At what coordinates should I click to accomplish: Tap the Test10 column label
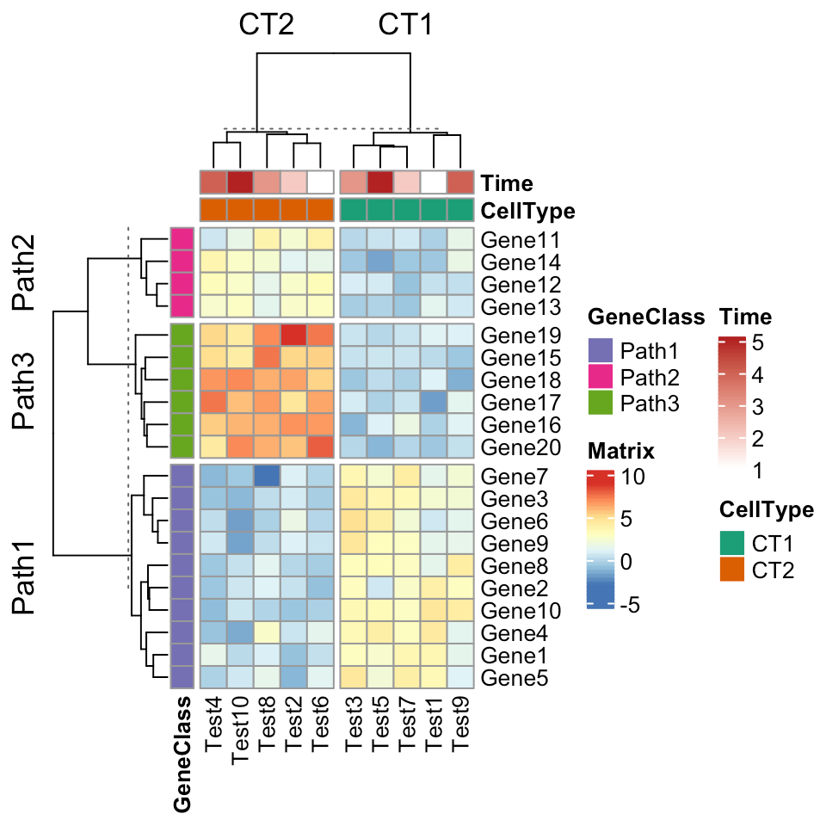(240, 730)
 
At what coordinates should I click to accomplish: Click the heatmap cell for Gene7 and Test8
(267, 476)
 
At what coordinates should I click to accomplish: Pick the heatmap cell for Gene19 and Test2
(293, 335)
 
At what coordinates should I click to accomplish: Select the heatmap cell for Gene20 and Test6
(320, 447)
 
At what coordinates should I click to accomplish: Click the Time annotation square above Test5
(380, 182)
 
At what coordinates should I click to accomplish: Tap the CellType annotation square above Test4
(213, 210)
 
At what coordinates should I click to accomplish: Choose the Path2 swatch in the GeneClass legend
(601, 376)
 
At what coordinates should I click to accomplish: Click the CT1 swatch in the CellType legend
(733, 544)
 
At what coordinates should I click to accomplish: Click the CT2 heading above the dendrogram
(267, 26)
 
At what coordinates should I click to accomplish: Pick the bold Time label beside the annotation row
(507, 182)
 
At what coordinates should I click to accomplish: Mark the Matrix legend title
(621, 451)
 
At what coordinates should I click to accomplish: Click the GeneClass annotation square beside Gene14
(181, 262)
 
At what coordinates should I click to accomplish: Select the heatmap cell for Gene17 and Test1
(434, 402)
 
